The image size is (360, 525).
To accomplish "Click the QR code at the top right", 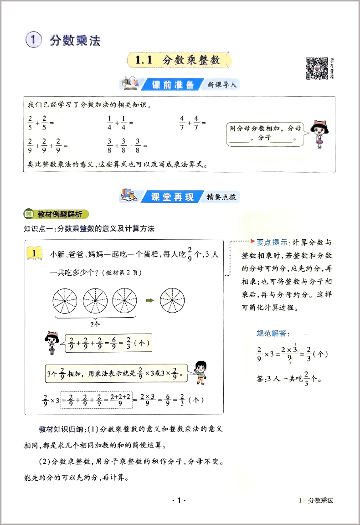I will tap(317, 68).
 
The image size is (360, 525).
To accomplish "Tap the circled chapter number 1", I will tap(34, 40).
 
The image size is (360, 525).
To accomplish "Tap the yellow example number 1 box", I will tap(35, 252).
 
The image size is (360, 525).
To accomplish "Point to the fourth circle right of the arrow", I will tap(172, 301).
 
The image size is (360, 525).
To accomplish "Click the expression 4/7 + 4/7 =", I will tap(192, 124).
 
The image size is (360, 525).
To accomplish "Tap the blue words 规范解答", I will tap(273, 334).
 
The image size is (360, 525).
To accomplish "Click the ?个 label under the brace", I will tap(95, 324).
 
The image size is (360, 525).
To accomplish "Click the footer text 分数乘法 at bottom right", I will tap(320, 500).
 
